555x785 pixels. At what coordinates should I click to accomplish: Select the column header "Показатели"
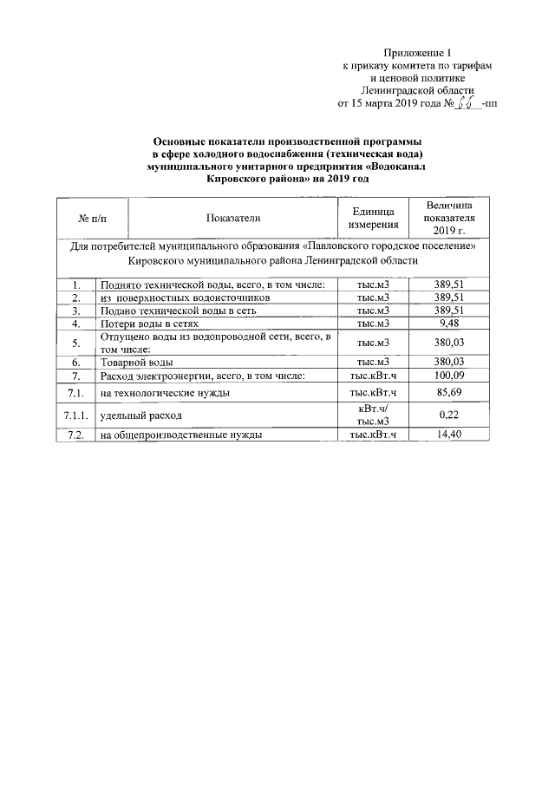(x=233, y=217)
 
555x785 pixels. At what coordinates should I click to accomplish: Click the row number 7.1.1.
(x=77, y=415)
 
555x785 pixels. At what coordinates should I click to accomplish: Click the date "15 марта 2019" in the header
(x=382, y=103)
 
